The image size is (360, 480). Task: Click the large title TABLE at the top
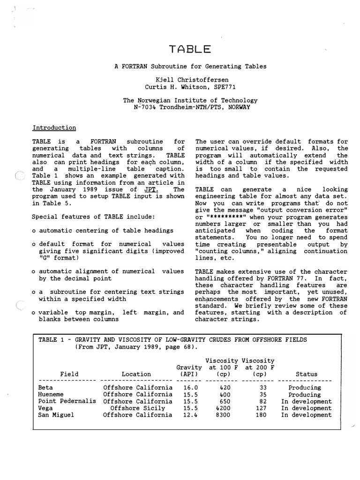point(190,49)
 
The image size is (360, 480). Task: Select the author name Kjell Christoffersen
point(190,80)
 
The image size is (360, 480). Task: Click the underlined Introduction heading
point(54,127)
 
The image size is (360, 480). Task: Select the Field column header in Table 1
point(69,374)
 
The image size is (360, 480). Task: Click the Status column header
point(307,374)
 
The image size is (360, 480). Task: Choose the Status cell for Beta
point(304,388)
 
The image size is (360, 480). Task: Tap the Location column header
point(136,374)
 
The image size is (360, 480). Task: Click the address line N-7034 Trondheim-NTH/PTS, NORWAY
point(190,107)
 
